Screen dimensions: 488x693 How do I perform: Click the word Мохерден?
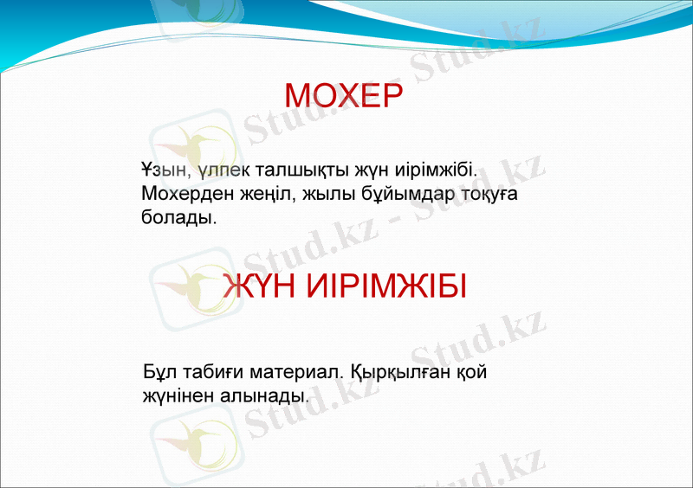180,194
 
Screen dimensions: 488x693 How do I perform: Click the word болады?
178,219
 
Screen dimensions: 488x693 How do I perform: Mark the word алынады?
268,397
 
